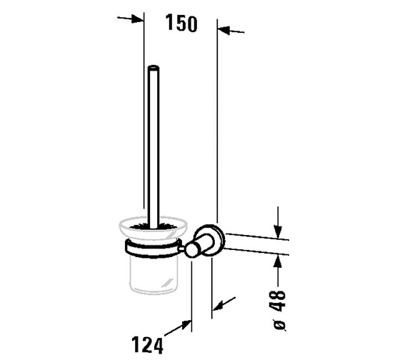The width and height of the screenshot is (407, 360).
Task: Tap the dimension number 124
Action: coord(148,346)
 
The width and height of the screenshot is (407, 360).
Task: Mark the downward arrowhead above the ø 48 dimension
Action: coord(278,221)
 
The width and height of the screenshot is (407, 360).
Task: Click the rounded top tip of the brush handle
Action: coord(152,69)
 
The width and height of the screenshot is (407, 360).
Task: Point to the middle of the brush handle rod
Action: coord(152,143)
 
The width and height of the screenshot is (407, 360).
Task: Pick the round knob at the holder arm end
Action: coord(191,250)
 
